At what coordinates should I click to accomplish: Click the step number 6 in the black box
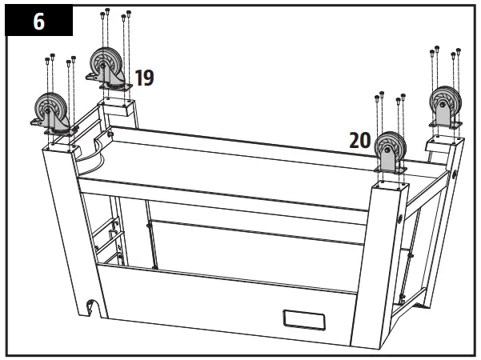(x=38, y=22)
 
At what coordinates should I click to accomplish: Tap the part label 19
(x=144, y=78)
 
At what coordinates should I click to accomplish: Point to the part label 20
(x=359, y=141)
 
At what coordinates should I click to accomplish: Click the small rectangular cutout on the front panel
(x=302, y=319)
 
